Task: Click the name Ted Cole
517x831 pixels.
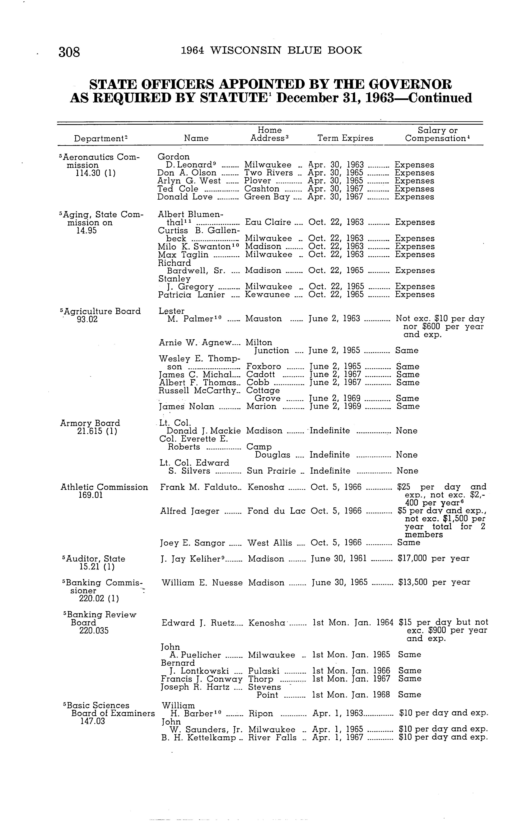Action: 178,189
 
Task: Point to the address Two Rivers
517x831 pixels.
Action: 268,173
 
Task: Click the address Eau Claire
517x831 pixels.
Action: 268,222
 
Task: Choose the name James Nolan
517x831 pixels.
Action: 187,407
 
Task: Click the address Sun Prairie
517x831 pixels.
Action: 271,471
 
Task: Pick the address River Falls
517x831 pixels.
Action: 272,738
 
